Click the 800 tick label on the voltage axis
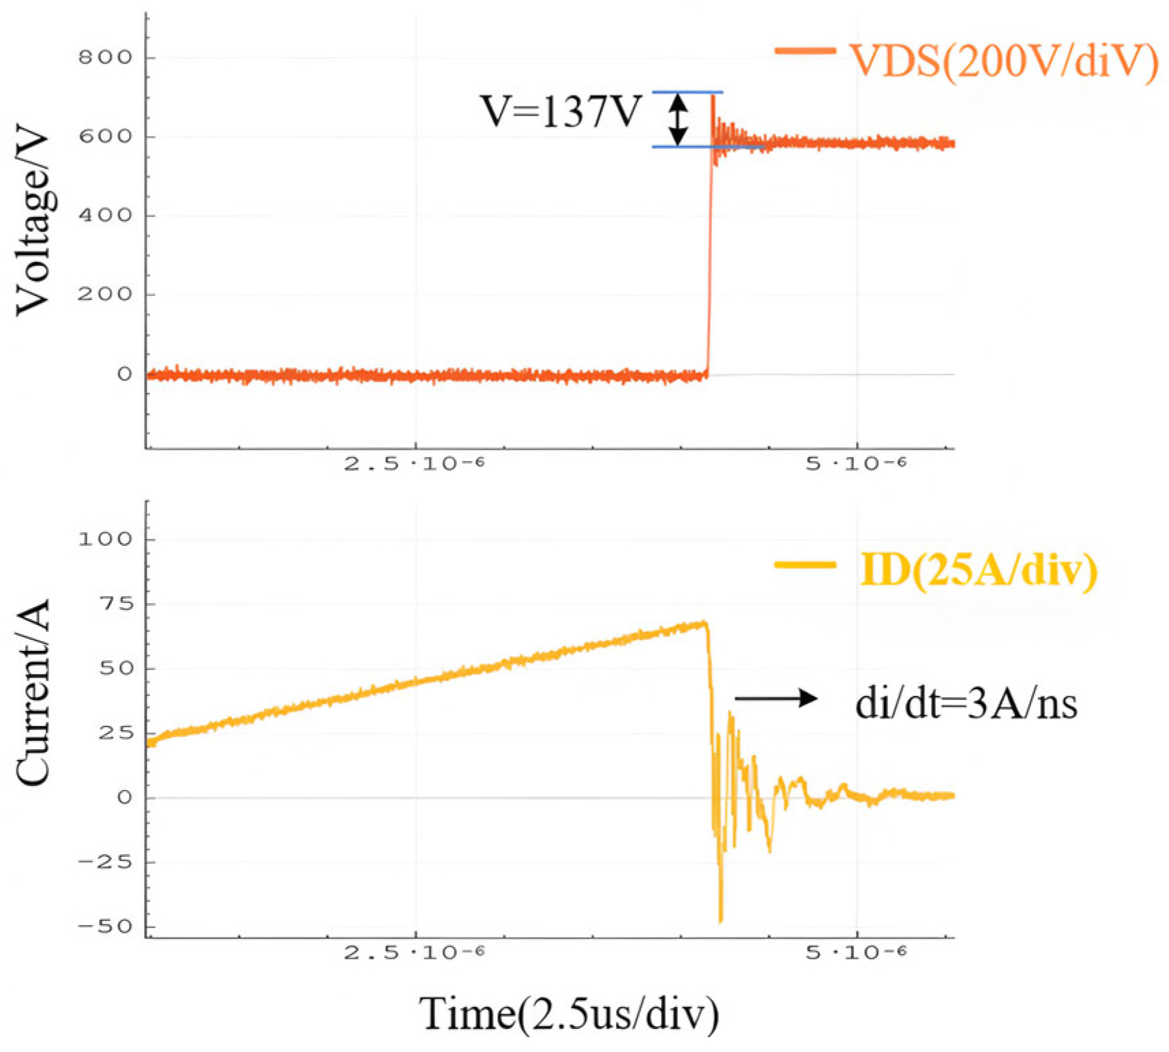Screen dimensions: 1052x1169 click(x=105, y=57)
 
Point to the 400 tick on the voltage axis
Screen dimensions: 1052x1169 click(x=105, y=216)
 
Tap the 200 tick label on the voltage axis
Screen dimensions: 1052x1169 click(x=105, y=295)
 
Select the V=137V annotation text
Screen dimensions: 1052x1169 click(x=561, y=112)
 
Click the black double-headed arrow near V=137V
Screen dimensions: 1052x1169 click(x=677, y=119)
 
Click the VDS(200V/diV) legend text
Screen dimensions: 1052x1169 click(x=1004, y=61)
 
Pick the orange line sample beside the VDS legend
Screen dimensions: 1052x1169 click(x=805, y=50)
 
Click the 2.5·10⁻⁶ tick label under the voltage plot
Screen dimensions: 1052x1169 click(x=414, y=465)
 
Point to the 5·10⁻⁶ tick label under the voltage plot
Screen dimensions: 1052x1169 click(x=856, y=465)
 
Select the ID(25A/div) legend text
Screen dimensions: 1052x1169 click(x=979, y=570)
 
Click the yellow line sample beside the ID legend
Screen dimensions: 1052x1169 click(x=805, y=565)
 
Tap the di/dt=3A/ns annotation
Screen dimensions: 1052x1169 click(x=966, y=703)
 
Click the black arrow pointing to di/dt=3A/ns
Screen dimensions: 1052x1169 click(x=775, y=698)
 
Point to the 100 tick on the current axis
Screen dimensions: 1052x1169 click(x=105, y=540)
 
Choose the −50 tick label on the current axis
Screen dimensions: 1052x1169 click(x=105, y=927)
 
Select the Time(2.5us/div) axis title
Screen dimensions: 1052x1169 click(x=569, y=1014)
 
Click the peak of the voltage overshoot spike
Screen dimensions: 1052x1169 click(x=713, y=95)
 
